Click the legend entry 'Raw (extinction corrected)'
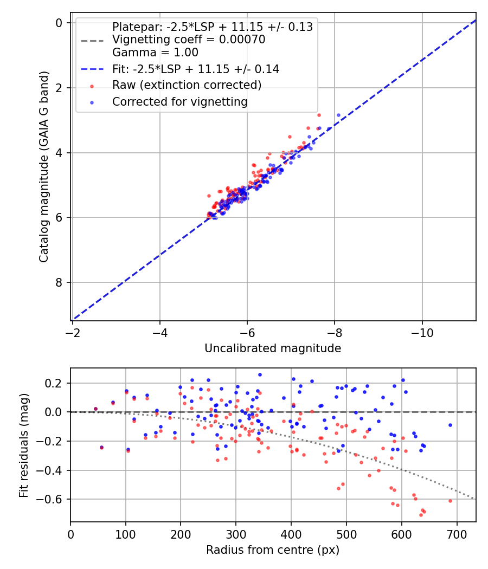[187, 85]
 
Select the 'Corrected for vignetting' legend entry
[179, 102]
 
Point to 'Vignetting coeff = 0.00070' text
[189, 40]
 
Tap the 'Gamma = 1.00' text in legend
[155, 53]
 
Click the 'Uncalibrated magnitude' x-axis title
[273, 348]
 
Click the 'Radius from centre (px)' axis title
[273, 550]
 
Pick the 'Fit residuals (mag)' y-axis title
[23, 445]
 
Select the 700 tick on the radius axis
[457, 534]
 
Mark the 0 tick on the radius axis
[70, 534]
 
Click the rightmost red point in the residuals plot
[450, 501]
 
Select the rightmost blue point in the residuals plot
[450, 425]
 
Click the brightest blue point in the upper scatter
[338, 115]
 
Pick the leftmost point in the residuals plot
[95, 409]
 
